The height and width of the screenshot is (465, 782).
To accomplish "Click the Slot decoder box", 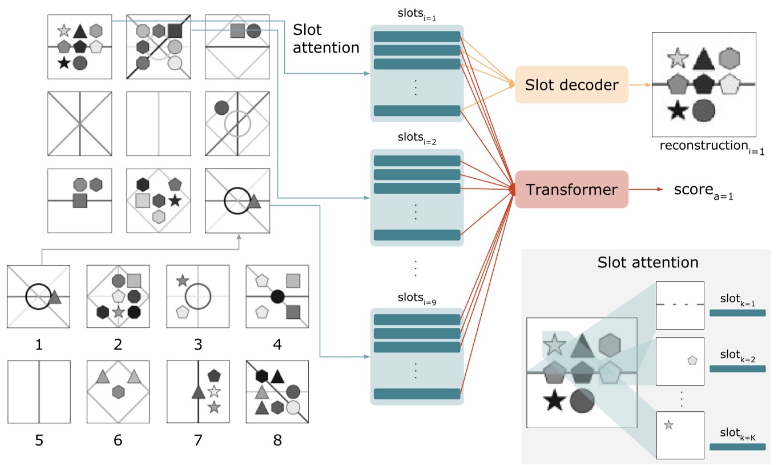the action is [x=571, y=85].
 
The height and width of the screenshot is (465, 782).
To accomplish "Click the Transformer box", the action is [x=571, y=189].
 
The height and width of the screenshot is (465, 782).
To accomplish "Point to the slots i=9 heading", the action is [x=417, y=298].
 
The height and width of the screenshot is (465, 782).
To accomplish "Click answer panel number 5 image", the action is [x=39, y=391].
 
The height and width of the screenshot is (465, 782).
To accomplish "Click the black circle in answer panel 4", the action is [x=277, y=296].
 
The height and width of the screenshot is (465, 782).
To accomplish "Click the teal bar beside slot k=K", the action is [x=737, y=447].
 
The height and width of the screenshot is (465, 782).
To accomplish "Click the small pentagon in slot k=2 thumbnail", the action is [x=692, y=360].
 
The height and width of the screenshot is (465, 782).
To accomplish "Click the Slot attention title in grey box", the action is [x=648, y=262].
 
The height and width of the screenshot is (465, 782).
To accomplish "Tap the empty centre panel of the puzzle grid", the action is [x=158, y=123].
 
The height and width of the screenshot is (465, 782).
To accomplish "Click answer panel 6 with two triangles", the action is [x=118, y=391].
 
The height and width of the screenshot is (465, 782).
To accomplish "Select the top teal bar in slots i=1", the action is [x=417, y=37].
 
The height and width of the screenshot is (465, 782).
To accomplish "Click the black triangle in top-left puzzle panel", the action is [x=80, y=31].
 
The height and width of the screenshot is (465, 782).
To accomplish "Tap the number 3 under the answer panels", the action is [x=197, y=345].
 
